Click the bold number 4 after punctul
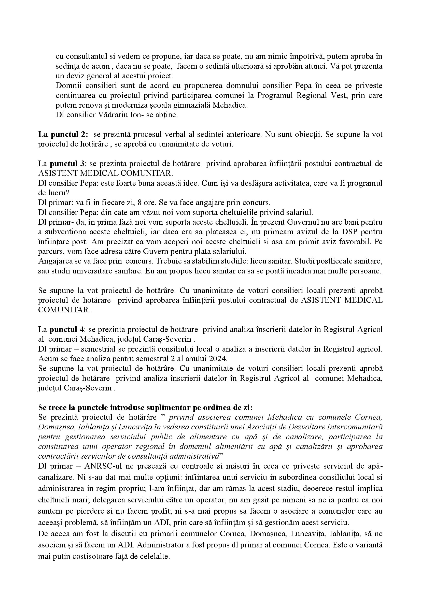pyautogui.click(x=81, y=329)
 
